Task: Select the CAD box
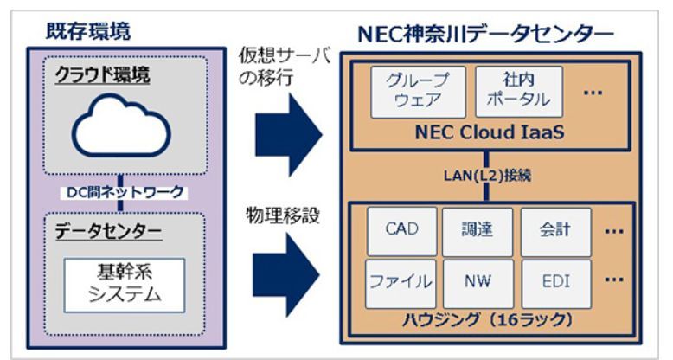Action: [400, 231]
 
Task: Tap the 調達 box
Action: [478, 231]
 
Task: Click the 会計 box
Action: [555, 231]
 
